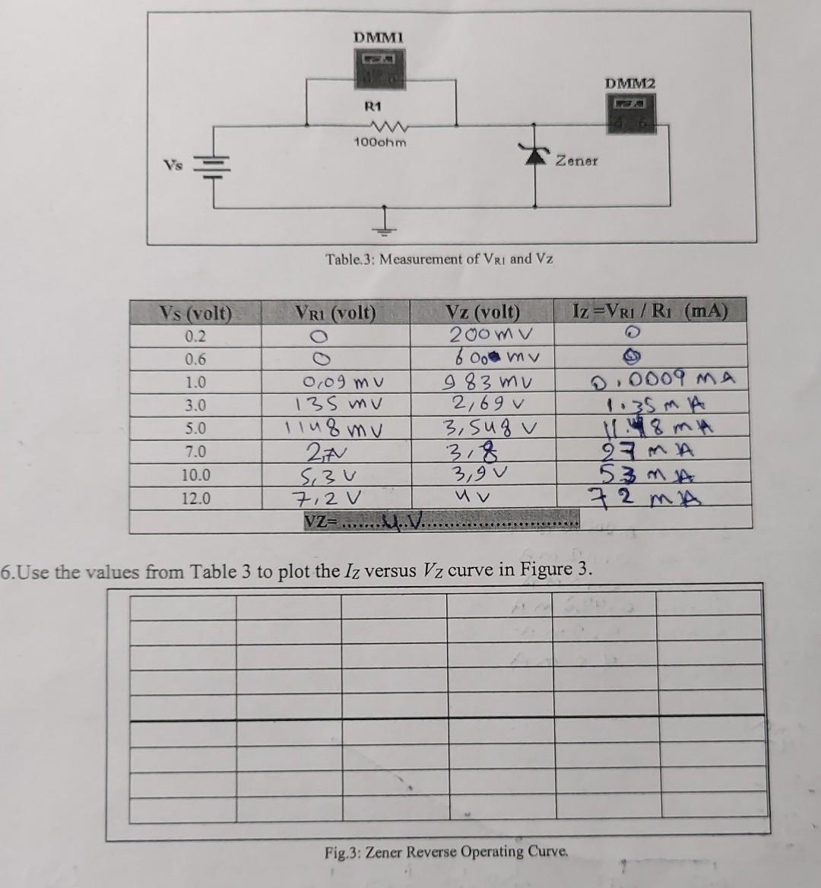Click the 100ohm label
[x=380, y=142]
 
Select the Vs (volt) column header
[x=195, y=312]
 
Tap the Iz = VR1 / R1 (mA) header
[x=650, y=311]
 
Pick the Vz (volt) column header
[x=482, y=312]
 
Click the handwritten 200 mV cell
[x=491, y=335]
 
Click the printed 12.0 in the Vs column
[x=195, y=499]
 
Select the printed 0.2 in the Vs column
[x=195, y=336]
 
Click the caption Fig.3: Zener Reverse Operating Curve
[x=446, y=852]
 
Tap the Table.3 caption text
[x=439, y=258]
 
